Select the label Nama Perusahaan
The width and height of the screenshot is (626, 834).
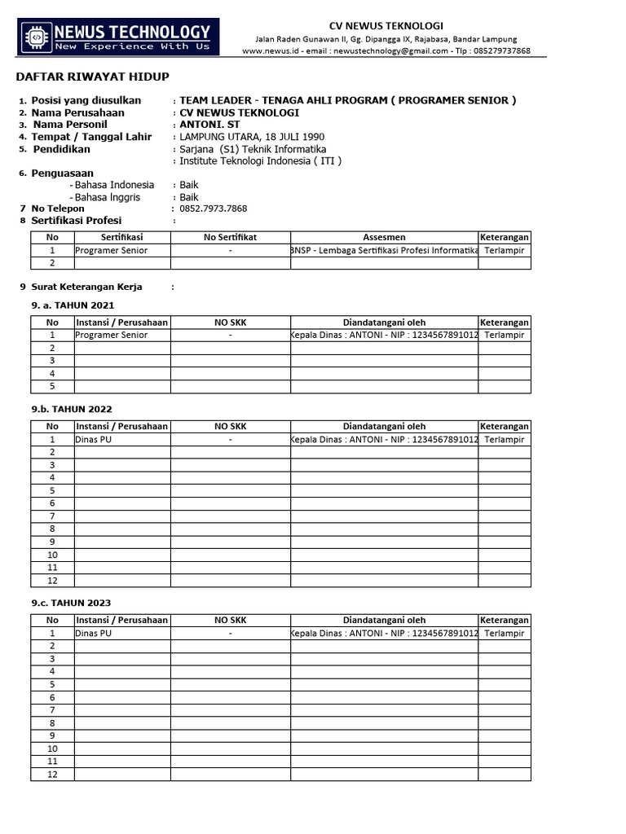click(77, 112)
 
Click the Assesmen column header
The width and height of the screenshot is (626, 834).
click(384, 237)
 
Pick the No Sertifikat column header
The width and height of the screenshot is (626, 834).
click(231, 237)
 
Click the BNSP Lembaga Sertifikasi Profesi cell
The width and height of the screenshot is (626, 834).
click(384, 250)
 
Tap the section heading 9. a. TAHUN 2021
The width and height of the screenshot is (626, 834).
click(73, 305)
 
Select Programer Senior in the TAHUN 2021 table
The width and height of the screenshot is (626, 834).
click(111, 335)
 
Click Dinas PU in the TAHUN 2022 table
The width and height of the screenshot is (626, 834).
click(91, 439)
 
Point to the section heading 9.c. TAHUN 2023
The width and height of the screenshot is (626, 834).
click(72, 603)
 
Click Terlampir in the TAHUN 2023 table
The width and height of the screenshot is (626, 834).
click(504, 633)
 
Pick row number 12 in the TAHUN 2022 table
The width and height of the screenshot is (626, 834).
click(52, 581)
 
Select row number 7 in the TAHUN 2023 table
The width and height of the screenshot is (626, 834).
click(52, 710)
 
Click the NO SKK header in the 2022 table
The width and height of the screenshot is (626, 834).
click(231, 426)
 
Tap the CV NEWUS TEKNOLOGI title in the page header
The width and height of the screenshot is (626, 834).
click(386, 26)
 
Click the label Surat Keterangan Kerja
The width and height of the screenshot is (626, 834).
click(86, 287)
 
